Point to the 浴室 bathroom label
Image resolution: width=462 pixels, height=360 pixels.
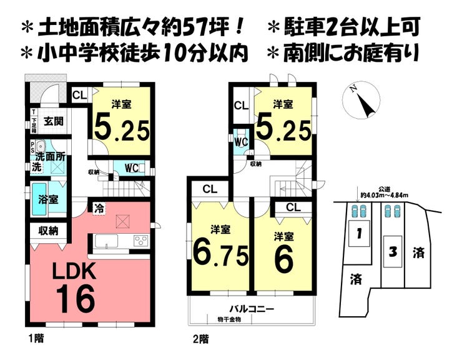pyautogui.click(x=49, y=200)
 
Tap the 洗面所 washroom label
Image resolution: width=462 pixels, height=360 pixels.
pyautogui.click(x=51, y=156)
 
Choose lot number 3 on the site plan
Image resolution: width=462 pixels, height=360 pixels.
pyautogui.click(x=393, y=252)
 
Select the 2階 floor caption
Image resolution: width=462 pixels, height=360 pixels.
pyautogui.click(x=199, y=340)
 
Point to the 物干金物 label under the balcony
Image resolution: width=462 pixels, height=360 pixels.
pyautogui.click(x=230, y=319)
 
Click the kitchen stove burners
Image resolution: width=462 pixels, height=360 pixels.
pyautogui.click(x=140, y=241)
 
